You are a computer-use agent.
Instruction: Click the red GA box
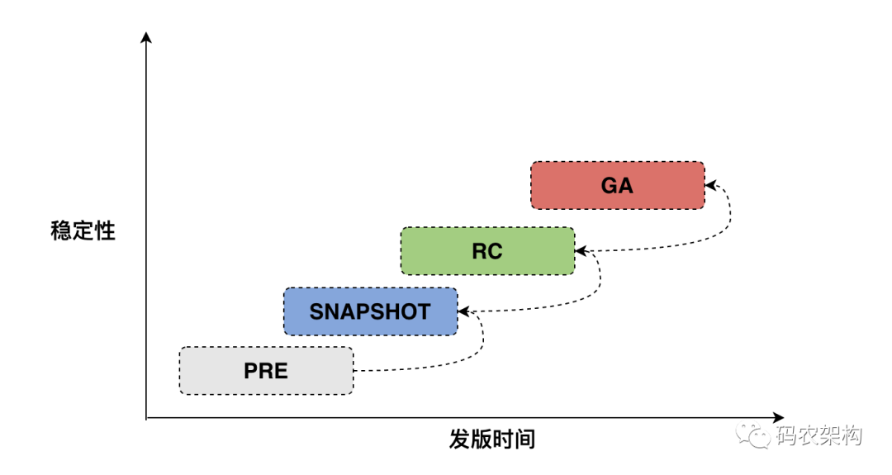click(617, 185)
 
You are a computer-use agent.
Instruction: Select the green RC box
click(487, 251)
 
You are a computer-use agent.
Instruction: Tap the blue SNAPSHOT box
click(370, 311)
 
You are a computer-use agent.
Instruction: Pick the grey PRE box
click(266, 371)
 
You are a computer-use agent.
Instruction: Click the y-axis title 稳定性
click(83, 230)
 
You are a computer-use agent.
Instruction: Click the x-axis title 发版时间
click(492, 439)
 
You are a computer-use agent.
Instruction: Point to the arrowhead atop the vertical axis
click(146, 37)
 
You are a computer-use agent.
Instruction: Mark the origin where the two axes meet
click(146, 418)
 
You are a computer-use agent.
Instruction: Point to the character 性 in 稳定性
click(105, 230)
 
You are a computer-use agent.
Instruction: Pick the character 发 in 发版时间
click(460, 439)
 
